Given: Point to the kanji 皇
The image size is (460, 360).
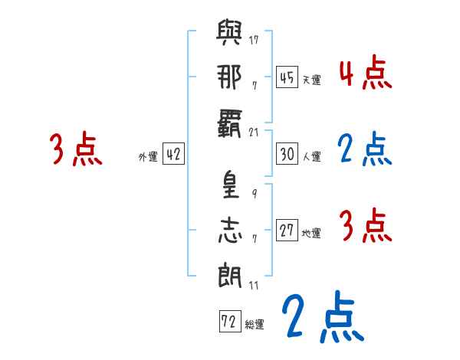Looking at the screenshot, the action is pyautogui.click(x=229, y=188).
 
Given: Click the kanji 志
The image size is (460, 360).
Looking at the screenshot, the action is pyautogui.click(x=229, y=231).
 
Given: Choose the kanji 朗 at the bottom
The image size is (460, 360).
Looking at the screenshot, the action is pyautogui.click(x=229, y=273).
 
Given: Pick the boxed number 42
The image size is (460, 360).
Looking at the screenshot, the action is pyautogui.click(x=173, y=154).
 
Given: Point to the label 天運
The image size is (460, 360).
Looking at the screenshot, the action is pyautogui.click(x=311, y=80).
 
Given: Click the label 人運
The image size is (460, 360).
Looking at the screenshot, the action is pyautogui.click(x=311, y=156).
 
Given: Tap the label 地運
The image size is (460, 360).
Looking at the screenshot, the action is pyautogui.click(x=311, y=233).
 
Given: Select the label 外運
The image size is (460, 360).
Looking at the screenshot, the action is pyautogui.click(x=148, y=156).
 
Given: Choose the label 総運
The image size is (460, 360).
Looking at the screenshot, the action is pyautogui.click(x=255, y=324).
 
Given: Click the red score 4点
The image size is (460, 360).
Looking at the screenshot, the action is pyautogui.click(x=365, y=74).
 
